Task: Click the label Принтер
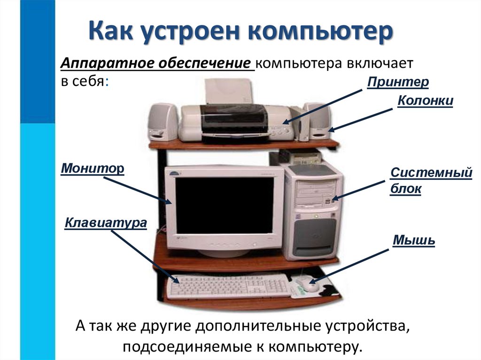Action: [398, 83]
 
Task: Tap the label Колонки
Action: [425, 101]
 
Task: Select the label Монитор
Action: [92, 168]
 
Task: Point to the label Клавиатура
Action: [106, 222]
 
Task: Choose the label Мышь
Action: [413, 241]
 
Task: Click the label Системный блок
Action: [431, 181]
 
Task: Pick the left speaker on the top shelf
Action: [163, 122]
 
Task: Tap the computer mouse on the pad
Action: [306, 284]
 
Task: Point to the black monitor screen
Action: [224, 205]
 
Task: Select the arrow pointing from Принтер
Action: [325, 107]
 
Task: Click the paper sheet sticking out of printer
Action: [229, 92]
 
